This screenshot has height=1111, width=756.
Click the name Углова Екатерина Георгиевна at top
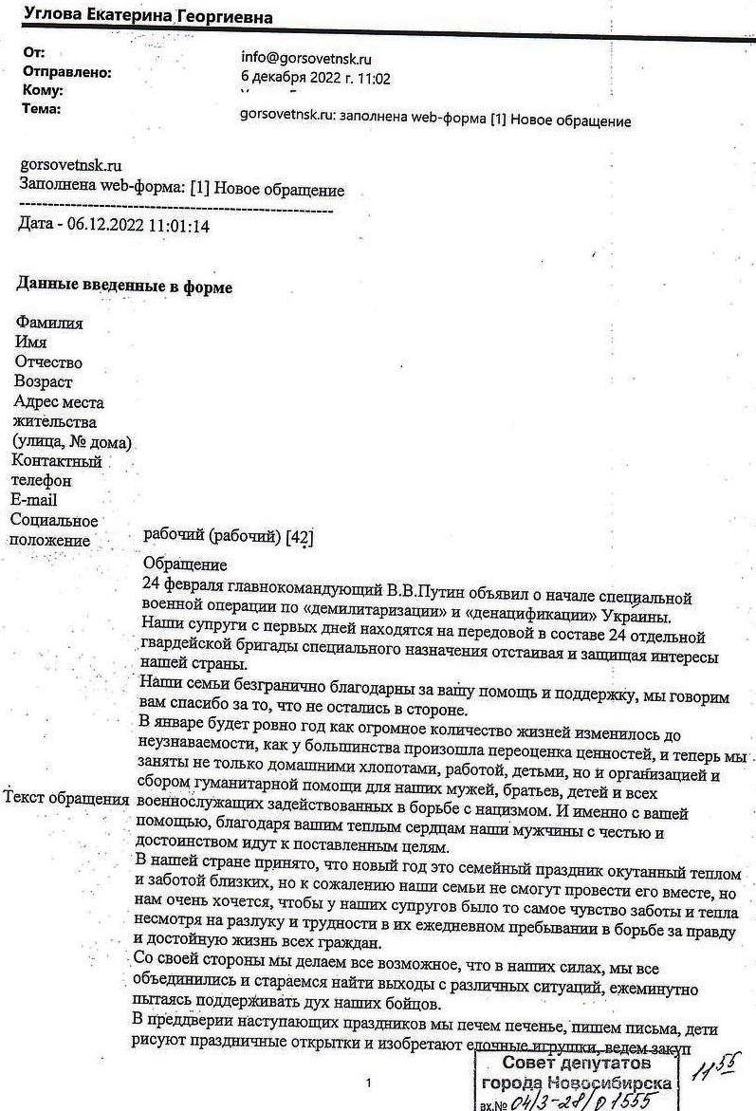[147, 17]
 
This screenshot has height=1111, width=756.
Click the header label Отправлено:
[66, 72]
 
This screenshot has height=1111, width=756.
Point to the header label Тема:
[41, 109]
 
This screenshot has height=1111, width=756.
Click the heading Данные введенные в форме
[123, 286]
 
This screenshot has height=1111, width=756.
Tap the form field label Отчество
[48, 362]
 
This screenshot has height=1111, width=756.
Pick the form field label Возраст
[44, 382]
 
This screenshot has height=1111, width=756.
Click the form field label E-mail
[34, 500]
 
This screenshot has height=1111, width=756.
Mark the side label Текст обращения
[66, 798]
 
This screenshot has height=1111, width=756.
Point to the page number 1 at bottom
[369, 1082]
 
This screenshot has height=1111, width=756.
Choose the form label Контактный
[58, 461]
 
